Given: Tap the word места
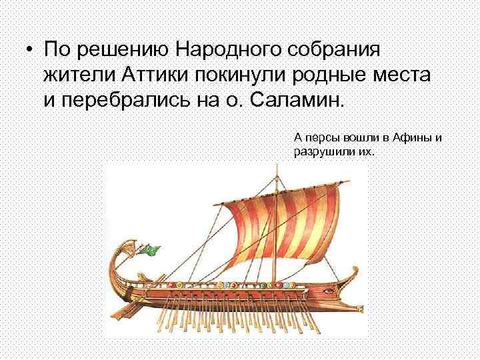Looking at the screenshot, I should pyautogui.click(x=405, y=75).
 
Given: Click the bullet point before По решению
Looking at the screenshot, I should pyautogui.click(x=27, y=51).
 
